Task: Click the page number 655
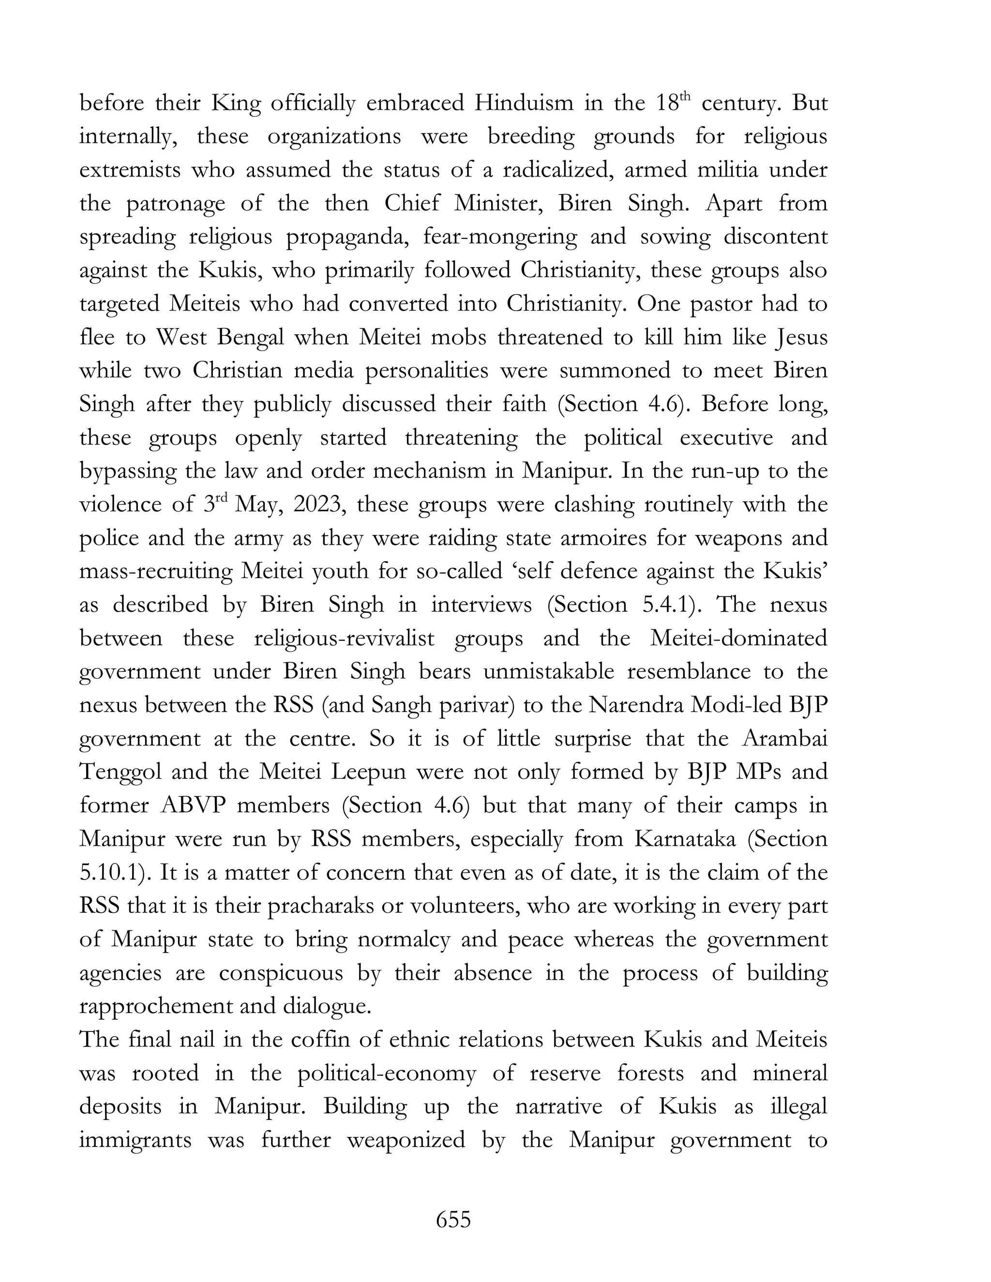pos(453,1219)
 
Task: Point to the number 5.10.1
pos(112,873)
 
